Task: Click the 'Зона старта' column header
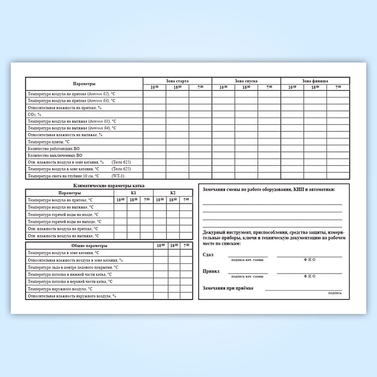point(177,81)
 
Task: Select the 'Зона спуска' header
point(246,81)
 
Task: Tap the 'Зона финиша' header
point(315,81)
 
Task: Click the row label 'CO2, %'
point(34,114)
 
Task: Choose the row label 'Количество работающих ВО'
point(53,148)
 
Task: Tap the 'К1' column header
point(133,193)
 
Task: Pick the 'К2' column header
point(173,193)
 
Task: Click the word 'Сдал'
point(208,254)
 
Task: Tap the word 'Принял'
point(211,271)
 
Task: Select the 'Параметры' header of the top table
point(85,84)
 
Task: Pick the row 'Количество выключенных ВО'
point(54,155)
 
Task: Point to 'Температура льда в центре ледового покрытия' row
point(73,267)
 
